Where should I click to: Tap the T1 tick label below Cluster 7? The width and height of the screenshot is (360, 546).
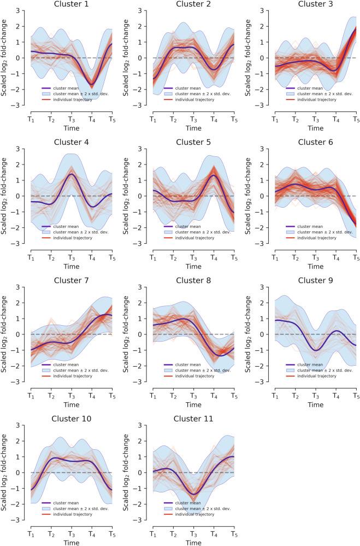coord(31,394)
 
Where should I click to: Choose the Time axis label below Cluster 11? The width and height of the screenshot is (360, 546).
coord(193,542)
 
